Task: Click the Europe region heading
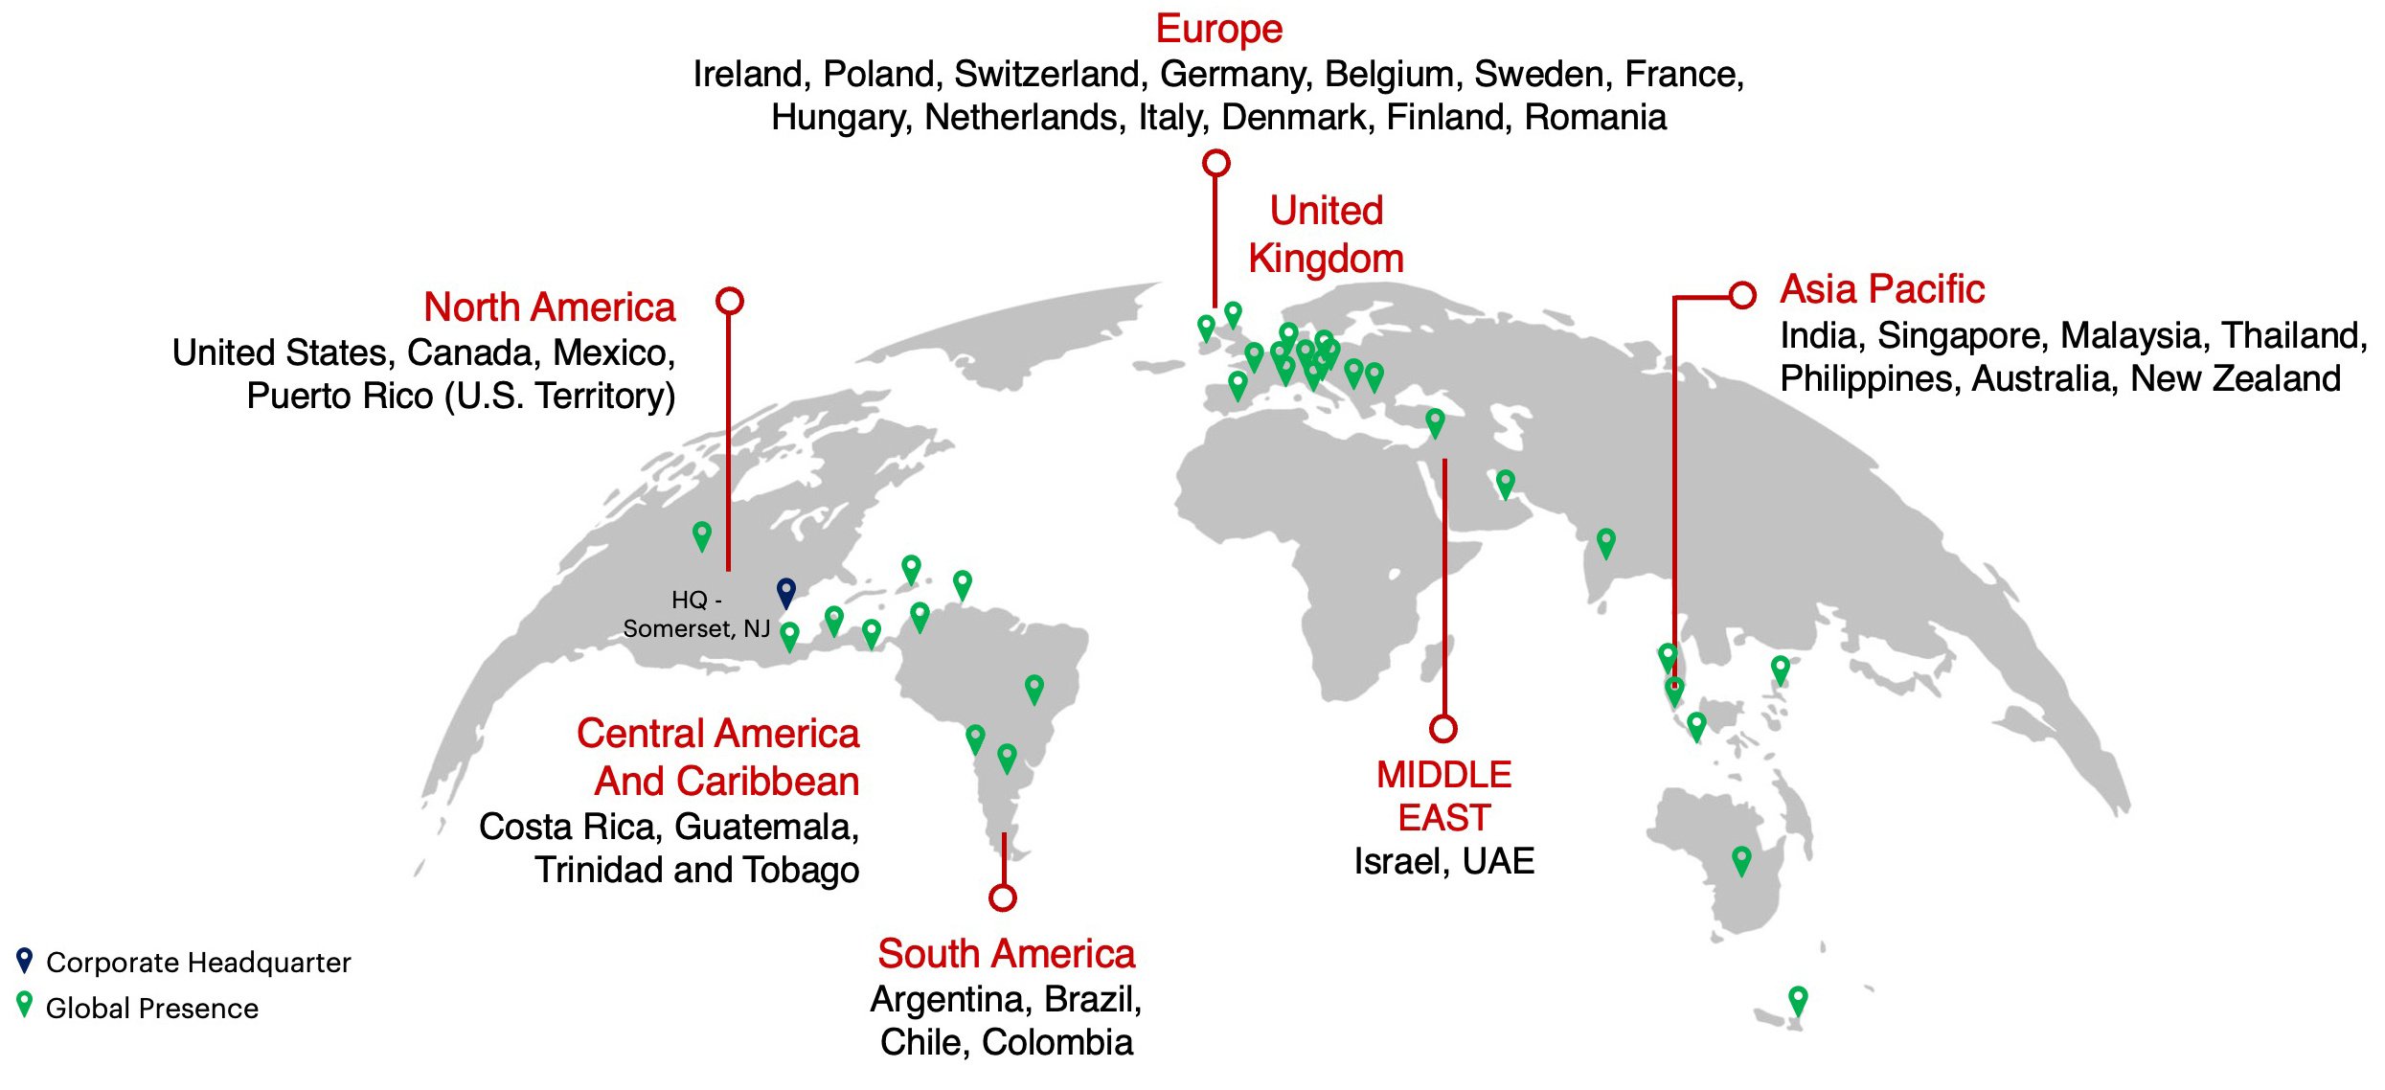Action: [1218, 29]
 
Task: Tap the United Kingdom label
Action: [1326, 235]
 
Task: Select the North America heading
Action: [549, 307]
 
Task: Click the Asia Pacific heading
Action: [1882, 289]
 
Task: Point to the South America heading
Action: [1006, 954]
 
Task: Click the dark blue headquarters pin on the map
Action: [785, 591]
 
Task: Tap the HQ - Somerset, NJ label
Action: [696, 614]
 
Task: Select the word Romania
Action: [1595, 117]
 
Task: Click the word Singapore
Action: [1958, 335]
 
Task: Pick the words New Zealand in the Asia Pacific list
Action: [2236, 379]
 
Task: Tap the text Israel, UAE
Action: [1443, 861]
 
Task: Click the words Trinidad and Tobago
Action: [697, 870]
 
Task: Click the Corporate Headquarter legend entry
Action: [197, 962]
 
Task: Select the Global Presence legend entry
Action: [151, 1008]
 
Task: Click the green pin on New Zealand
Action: [1798, 999]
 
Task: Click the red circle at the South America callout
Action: [1003, 897]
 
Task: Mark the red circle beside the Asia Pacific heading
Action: [1742, 295]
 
